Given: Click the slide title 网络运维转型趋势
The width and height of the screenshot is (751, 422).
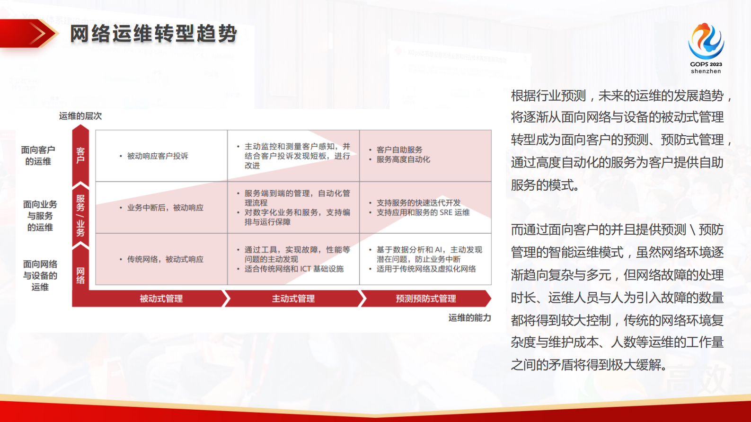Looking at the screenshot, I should [153, 34].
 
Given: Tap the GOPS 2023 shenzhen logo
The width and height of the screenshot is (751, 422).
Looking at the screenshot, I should [706, 48].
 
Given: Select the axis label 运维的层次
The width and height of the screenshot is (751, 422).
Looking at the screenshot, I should [80, 116].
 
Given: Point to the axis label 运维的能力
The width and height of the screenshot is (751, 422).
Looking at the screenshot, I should [469, 318].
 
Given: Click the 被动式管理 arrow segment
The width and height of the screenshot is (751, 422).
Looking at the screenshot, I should [161, 299].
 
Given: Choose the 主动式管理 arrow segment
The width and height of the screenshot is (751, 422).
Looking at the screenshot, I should [293, 299].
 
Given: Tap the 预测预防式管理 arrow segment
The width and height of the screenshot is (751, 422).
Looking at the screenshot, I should [425, 299].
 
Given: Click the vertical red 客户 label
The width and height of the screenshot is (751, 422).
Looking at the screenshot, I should [80, 155].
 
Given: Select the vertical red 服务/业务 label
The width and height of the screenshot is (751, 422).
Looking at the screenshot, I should [80, 215].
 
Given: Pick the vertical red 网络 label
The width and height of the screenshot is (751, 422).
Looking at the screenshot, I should [80, 275].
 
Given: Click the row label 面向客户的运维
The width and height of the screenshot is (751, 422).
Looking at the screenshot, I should [38, 156].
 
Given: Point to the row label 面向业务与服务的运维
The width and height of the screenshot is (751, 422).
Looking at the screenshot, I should [40, 216].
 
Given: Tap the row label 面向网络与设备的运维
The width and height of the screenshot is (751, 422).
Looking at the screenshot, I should [40, 275].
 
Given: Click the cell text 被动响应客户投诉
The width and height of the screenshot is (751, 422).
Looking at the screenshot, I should [158, 156].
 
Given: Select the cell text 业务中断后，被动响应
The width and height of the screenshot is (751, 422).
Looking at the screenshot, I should [165, 208].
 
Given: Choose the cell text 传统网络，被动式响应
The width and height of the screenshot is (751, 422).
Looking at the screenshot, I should [165, 259].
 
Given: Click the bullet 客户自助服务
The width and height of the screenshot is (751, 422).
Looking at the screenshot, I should [399, 150].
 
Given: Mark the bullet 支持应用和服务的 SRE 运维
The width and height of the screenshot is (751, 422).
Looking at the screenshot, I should [423, 212].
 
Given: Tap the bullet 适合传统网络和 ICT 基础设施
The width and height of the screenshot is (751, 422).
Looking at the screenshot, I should [294, 269].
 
